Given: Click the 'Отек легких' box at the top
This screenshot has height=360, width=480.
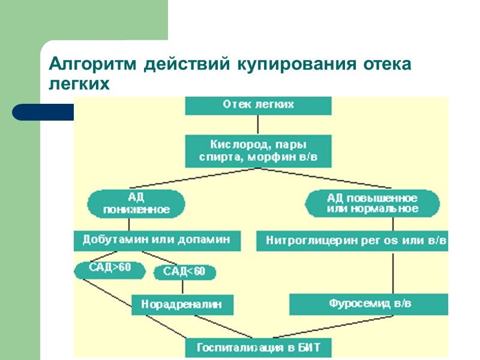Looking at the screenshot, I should (258, 104).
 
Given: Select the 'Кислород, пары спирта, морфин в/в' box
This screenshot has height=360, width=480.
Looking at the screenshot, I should (258, 151).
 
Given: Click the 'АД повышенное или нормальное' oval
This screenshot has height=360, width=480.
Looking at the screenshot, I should (372, 203).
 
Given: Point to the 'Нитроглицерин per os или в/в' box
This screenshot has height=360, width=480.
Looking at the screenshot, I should (352, 241).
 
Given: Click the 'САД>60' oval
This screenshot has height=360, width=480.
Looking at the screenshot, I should (110, 269).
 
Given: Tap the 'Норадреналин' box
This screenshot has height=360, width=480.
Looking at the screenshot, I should (181, 304).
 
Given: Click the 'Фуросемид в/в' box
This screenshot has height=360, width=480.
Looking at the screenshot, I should (369, 304).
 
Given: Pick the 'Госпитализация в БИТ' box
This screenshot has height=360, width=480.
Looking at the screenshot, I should (258, 347).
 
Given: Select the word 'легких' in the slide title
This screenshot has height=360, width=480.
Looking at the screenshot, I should (79, 85).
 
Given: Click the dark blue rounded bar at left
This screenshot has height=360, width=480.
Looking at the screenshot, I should (42, 112).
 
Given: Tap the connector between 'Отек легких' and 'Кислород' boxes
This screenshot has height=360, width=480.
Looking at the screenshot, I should (258, 124).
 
